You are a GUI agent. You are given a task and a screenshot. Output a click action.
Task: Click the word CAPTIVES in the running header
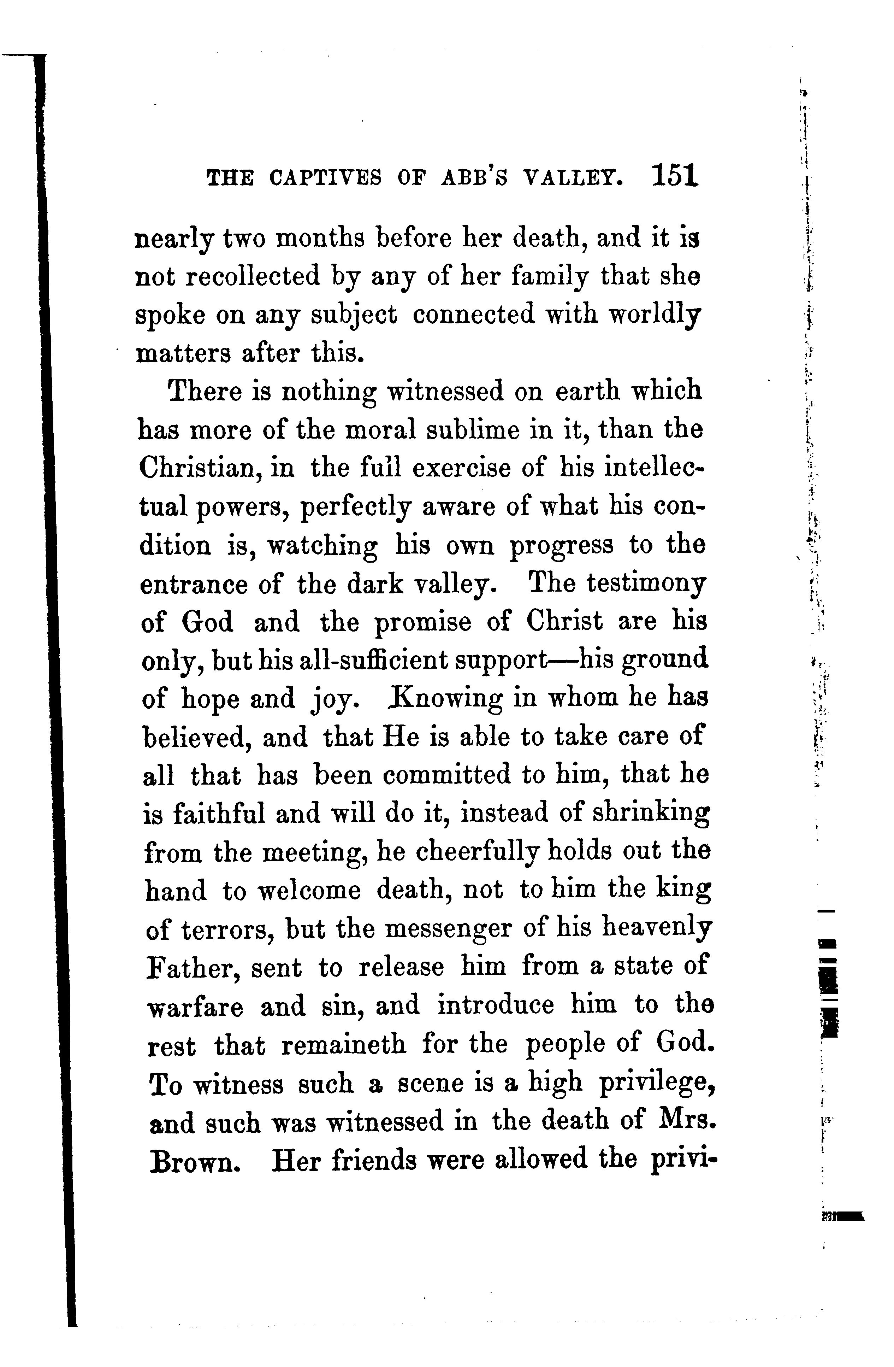[325, 178]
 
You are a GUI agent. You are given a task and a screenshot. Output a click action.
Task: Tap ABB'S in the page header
[474, 178]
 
